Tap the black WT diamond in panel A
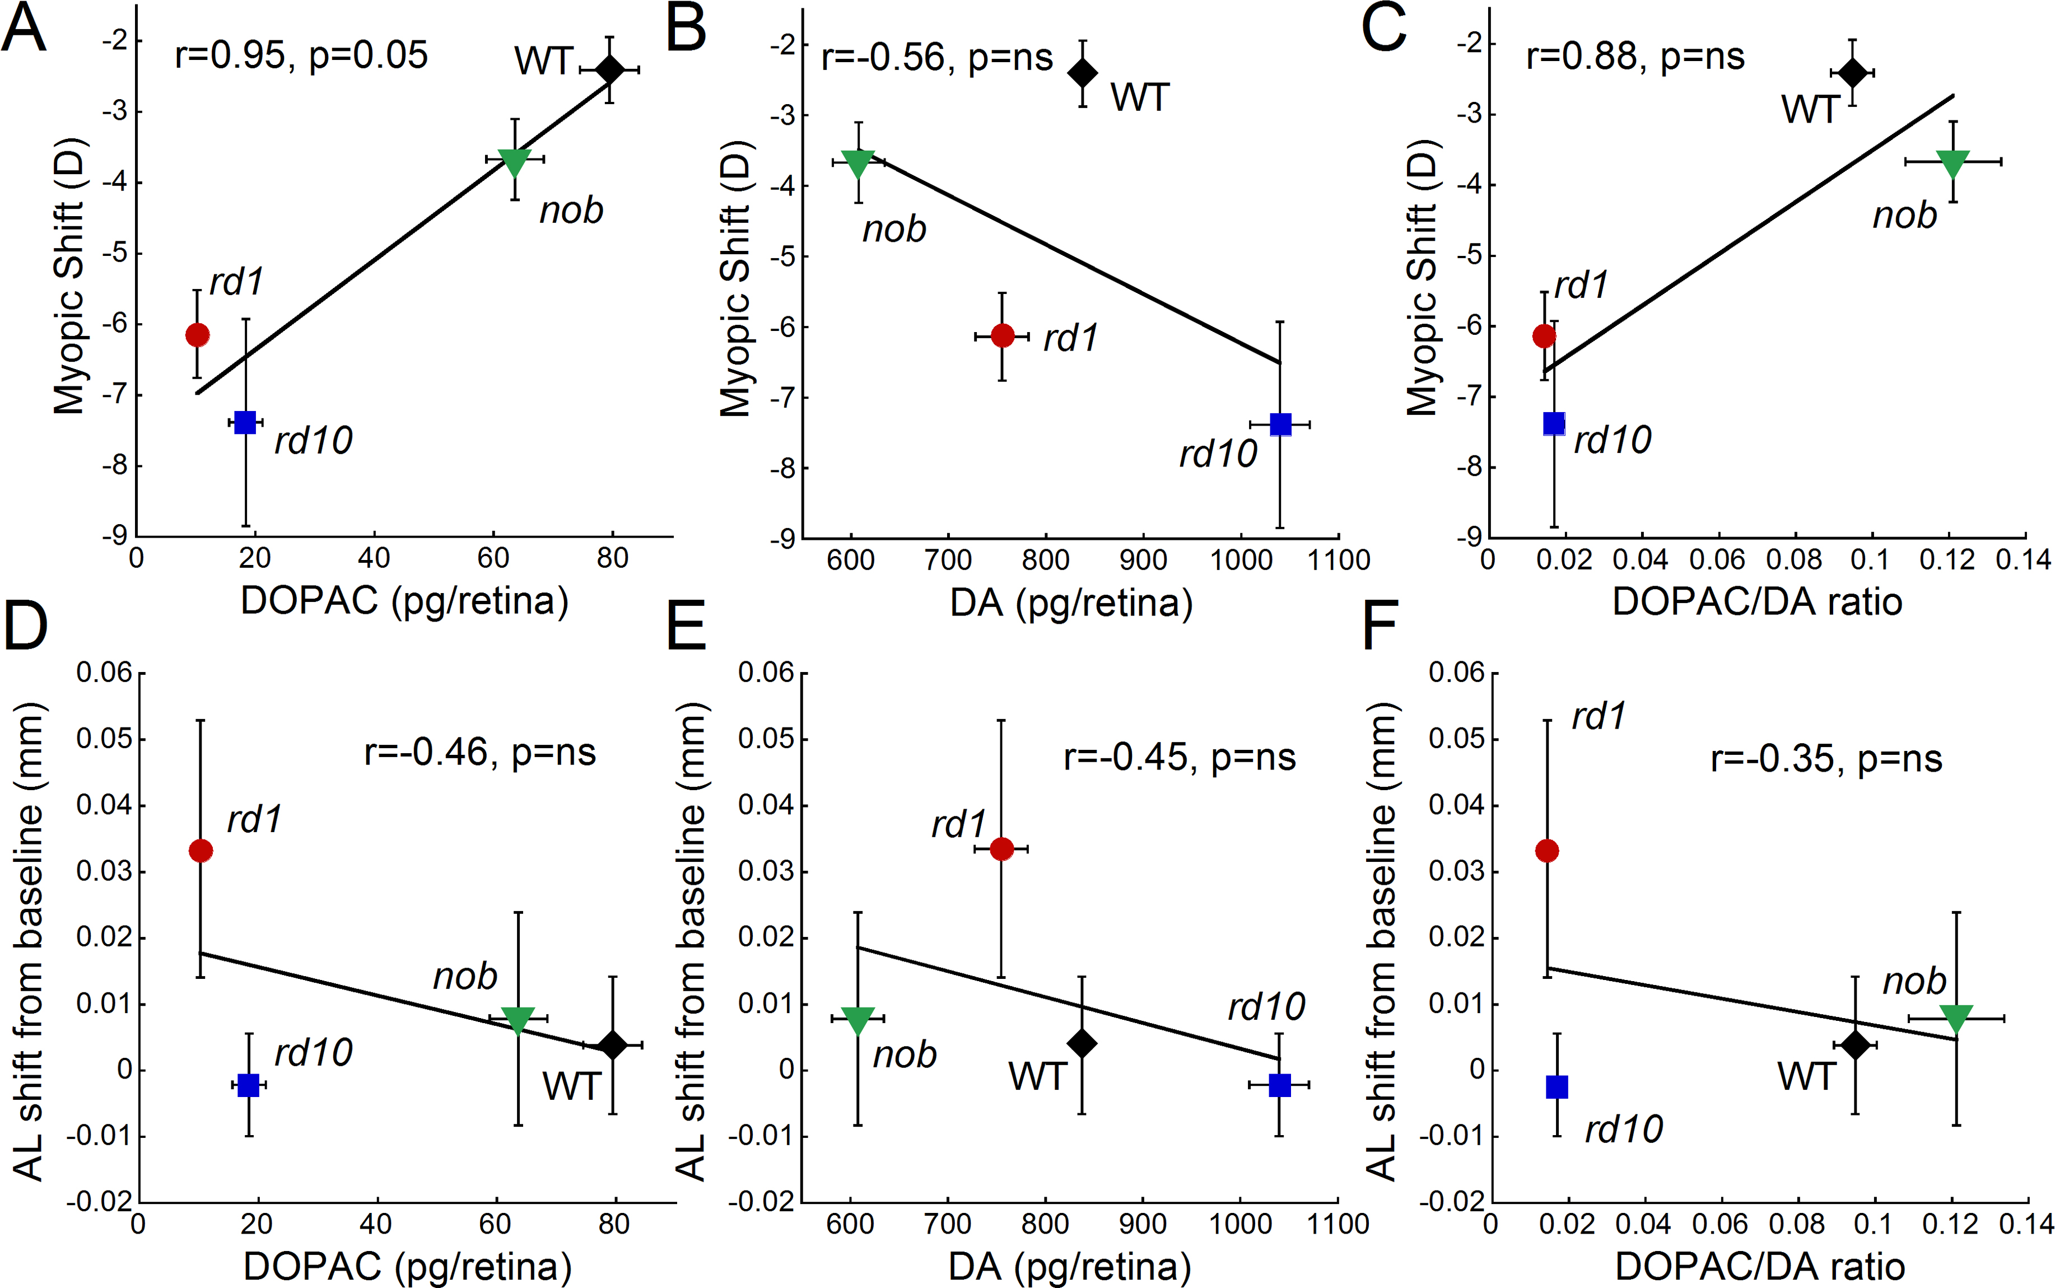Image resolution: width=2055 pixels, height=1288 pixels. coord(609,70)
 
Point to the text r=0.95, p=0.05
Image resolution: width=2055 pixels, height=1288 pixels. coord(301,55)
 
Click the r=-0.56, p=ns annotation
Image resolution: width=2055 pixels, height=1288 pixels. coord(936,58)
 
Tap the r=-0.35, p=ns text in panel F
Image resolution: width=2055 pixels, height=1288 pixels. coord(1826,758)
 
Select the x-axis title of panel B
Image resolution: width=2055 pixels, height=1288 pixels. coord(1071,603)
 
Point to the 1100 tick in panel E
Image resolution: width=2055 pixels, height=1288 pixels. coord(1338,1224)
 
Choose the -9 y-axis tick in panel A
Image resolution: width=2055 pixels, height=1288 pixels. coord(115,536)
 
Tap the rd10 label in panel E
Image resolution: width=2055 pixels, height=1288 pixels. coord(1266,1007)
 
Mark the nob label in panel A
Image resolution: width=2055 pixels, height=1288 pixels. coord(571,209)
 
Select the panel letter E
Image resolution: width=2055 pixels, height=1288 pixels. coord(686,626)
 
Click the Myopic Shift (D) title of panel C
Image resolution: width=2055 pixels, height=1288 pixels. coord(1421,277)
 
